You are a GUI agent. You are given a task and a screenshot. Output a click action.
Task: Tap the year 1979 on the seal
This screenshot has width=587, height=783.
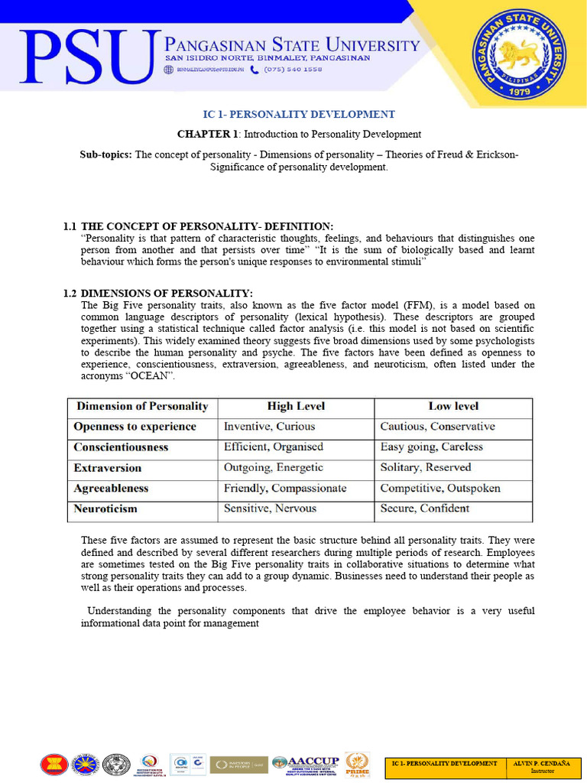click(x=519, y=89)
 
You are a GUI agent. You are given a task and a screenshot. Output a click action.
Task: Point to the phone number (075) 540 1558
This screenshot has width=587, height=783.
click(x=293, y=69)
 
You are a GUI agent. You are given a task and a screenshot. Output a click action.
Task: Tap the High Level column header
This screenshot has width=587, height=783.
click(x=296, y=406)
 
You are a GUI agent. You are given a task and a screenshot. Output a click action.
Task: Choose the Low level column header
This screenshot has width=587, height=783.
click(x=453, y=406)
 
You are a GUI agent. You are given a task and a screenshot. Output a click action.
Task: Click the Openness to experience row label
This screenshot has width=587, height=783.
click(x=135, y=427)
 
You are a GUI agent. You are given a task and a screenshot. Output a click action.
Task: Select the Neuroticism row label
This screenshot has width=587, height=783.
click(x=105, y=508)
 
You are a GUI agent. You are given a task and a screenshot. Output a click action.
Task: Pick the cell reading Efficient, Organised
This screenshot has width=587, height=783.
click(x=273, y=447)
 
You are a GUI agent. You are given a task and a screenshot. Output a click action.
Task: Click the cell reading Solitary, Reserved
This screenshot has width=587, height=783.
click(x=425, y=467)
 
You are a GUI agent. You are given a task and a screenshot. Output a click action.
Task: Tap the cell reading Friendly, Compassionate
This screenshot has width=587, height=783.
click(x=284, y=488)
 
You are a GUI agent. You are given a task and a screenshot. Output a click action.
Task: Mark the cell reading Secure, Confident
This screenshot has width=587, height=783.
click(x=424, y=508)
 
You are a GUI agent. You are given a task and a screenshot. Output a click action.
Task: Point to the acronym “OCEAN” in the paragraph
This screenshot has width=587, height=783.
click(x=150, y=376)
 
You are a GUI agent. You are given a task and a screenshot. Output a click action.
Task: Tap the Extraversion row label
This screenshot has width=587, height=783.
click(x=107, y=467)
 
